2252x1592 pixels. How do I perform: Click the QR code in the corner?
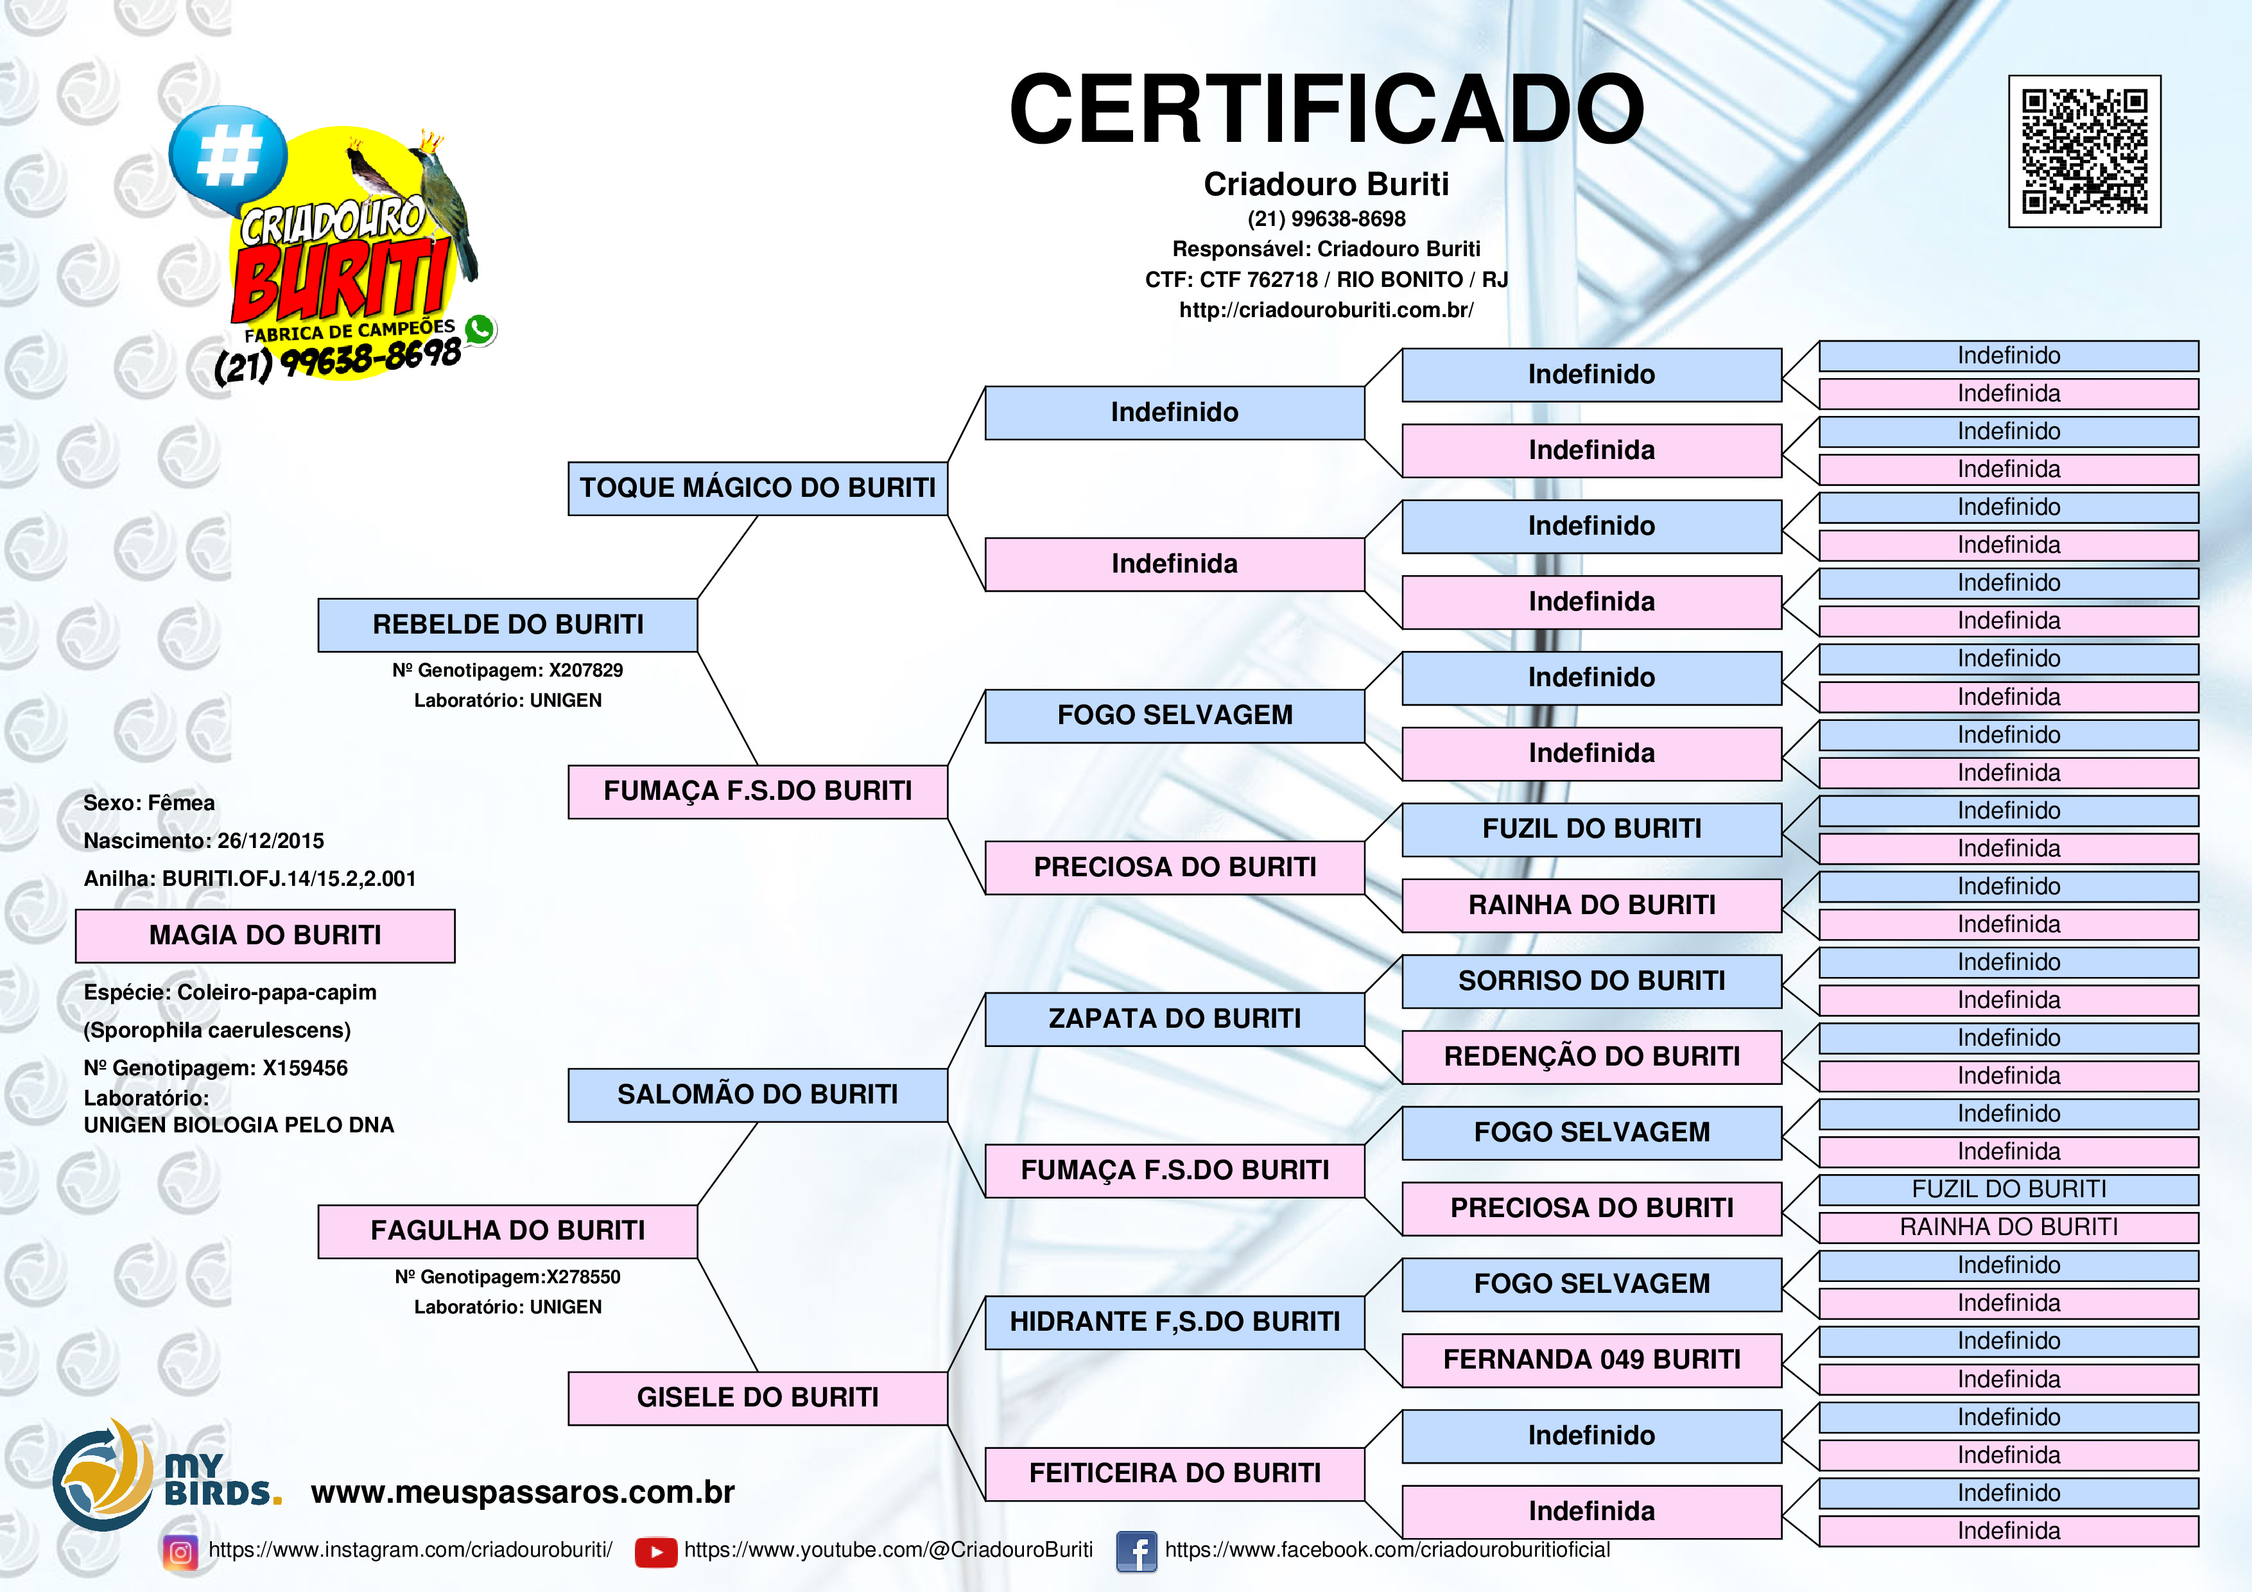point(2084,151)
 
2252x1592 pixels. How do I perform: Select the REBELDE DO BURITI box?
point(508,625)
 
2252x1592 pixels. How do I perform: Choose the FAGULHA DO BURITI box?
point(508,1231)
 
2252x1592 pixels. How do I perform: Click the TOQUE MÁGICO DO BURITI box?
point(758,489)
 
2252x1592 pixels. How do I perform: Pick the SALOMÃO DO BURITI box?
point(758,1094)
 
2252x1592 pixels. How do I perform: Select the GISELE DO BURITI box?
point(758,1397)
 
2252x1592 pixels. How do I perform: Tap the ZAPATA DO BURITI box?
point(1175,1019)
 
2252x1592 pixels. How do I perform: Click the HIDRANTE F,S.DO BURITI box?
point(1175,1322)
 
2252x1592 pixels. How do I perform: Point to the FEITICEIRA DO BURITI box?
point(1175,1473)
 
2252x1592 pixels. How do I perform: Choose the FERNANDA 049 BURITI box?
point(1592,1360)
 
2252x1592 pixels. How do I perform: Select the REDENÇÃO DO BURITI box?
point(1592,1057)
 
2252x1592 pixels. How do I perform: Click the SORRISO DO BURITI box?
point(1592,981)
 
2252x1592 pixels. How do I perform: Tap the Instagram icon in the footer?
point(180,1552)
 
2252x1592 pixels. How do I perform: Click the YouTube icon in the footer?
point(656,1552)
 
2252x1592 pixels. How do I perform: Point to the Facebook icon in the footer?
point(1137,1552)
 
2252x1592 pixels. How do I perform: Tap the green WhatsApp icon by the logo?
point(480,329)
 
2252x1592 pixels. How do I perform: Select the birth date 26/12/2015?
point(271,841)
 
